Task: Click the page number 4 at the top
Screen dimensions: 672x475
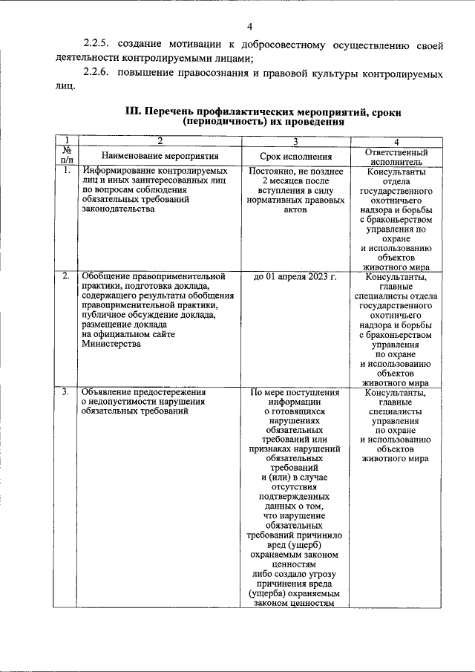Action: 249,27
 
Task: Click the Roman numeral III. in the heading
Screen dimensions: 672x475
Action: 133,112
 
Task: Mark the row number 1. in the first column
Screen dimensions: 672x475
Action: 66,170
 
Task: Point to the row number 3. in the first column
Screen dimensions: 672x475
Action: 66,392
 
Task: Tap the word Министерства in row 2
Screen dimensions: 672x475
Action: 114,344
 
